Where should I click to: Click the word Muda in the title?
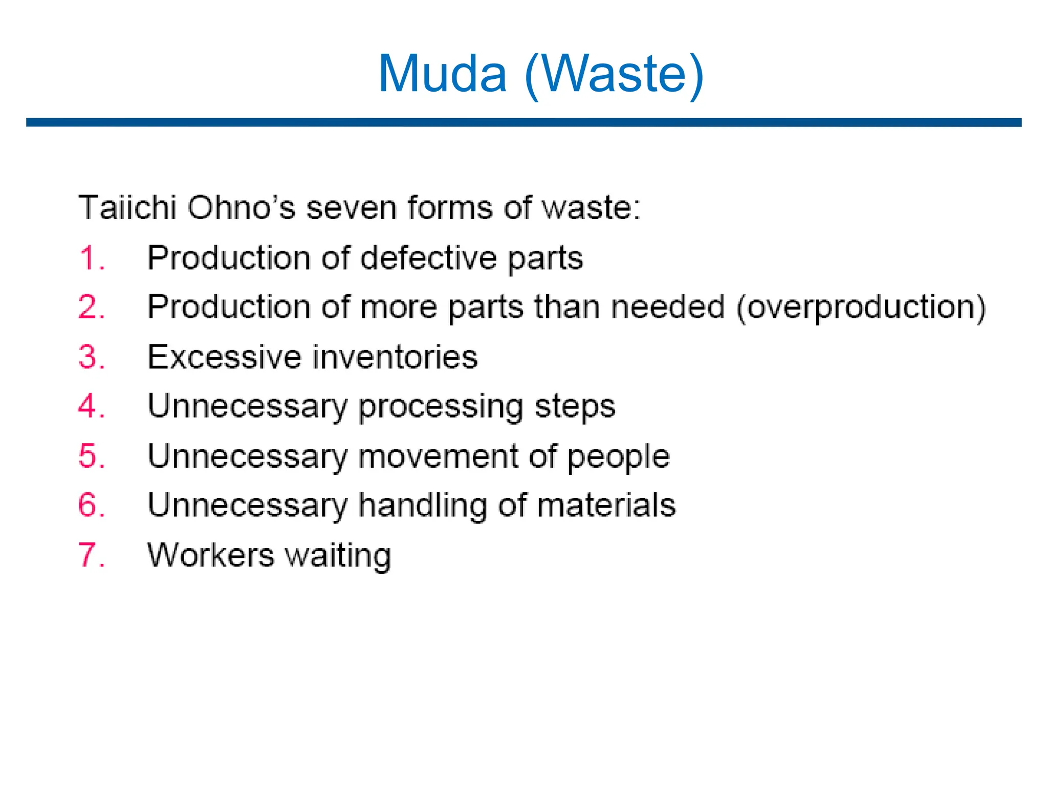pyautogui.click(x=442, y=74)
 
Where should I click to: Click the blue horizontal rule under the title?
pyautogui.click(x=523, y=122)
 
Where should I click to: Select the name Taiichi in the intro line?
pyautogui.click(x=127, y=208)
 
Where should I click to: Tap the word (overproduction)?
pyautogui.click(x=861, y=308)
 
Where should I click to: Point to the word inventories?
pyautogui.click(x=396, y=357)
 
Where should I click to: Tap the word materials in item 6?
pyautogui.click(x=606, y=505)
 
